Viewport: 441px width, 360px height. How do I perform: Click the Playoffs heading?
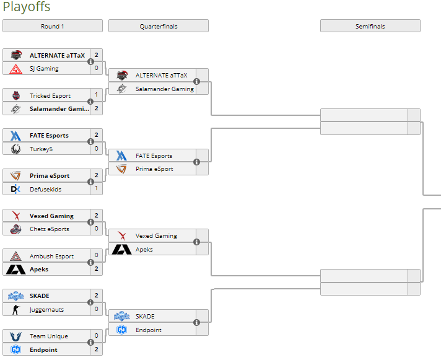pos(27,7)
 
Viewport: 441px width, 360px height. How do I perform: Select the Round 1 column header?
pos(52,26)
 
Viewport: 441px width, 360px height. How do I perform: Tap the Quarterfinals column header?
pos(158,26)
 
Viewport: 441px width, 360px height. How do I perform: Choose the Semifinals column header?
pos(370,26)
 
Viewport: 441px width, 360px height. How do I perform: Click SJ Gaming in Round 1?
pos(44,68)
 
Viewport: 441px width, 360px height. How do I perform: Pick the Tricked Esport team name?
pos(50,95)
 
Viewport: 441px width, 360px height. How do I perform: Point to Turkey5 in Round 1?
pos(41,149)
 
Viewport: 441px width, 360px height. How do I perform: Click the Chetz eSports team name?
pos(50,229)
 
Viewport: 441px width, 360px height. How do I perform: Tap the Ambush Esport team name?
pos(51,256)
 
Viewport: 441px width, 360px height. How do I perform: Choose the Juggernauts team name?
pos(46,309)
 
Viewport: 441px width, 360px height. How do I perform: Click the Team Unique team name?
pos(49,336)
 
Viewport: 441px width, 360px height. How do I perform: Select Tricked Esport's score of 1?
pos(97,95)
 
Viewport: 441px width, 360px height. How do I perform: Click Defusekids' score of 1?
pos(97,189)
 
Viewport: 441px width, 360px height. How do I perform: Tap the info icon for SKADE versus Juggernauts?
pos(90,302)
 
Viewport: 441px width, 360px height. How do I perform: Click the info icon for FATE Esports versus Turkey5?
pos(90,142)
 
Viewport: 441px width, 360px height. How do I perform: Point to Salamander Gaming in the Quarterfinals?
pos(165,89)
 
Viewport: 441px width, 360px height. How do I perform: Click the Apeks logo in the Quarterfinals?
pos(121,250)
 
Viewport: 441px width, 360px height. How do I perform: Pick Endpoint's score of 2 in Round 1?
pos(97,349)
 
